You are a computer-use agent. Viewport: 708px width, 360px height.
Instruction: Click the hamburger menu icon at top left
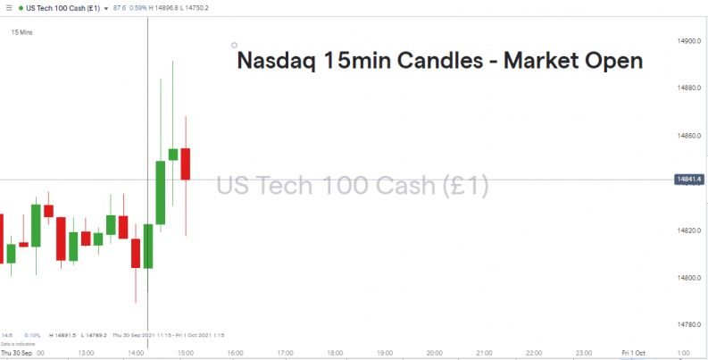(8, 8)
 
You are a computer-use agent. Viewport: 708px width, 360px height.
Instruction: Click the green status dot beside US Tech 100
(21, 8)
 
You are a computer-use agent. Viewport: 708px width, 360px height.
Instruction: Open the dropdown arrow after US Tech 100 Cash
(105, 8)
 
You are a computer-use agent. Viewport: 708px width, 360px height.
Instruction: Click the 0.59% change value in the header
(139, 8)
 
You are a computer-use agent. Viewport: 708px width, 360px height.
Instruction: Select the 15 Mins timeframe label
(22, 32)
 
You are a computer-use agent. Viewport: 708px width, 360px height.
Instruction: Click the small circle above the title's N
(234, 46)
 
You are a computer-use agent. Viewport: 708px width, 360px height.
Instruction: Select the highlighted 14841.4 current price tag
(689, 180)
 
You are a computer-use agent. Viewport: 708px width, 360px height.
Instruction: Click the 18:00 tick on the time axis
(336, 353)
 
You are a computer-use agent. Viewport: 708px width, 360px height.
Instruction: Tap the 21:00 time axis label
(485, 353)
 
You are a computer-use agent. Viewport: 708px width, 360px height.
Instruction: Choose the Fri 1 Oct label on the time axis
(634, 353)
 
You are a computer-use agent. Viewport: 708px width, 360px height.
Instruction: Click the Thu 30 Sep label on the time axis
(17, 353)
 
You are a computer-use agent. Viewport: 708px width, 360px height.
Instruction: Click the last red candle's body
(186, 163)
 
